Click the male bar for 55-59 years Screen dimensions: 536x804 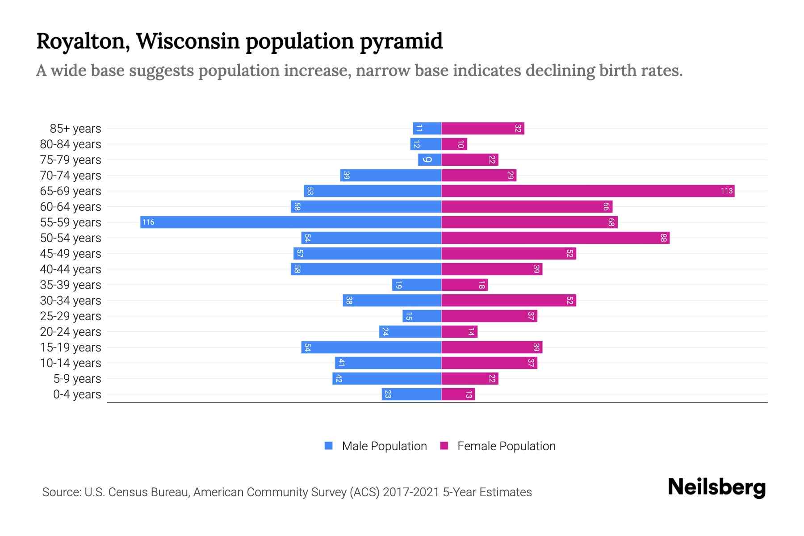tap(290, 222)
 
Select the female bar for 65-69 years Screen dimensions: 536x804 tap(588, 191)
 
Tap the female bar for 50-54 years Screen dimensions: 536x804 tap(555, 238)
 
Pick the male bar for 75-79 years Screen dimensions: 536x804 tap(430, 159)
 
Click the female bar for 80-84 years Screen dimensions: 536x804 tap(454, 144)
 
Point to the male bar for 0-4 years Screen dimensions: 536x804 tap(411, 394)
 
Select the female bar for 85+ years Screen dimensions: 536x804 tap(483, 128)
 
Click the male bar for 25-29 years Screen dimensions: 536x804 tap(422, 316)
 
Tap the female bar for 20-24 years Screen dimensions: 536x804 tap(459, 331)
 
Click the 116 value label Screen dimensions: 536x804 tap(148, 222)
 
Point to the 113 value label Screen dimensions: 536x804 tap(726, 191)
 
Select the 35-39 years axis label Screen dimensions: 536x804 tap(71, 285)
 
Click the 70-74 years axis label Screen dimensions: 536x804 tap(71, 175)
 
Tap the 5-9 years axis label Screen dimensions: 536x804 tap(77, 378)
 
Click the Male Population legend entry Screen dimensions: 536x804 tap(384, 446)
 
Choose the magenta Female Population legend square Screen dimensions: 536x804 tap(444, 446)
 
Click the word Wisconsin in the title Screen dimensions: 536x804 tap(188, 41)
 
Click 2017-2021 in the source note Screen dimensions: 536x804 tap(410, 492)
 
